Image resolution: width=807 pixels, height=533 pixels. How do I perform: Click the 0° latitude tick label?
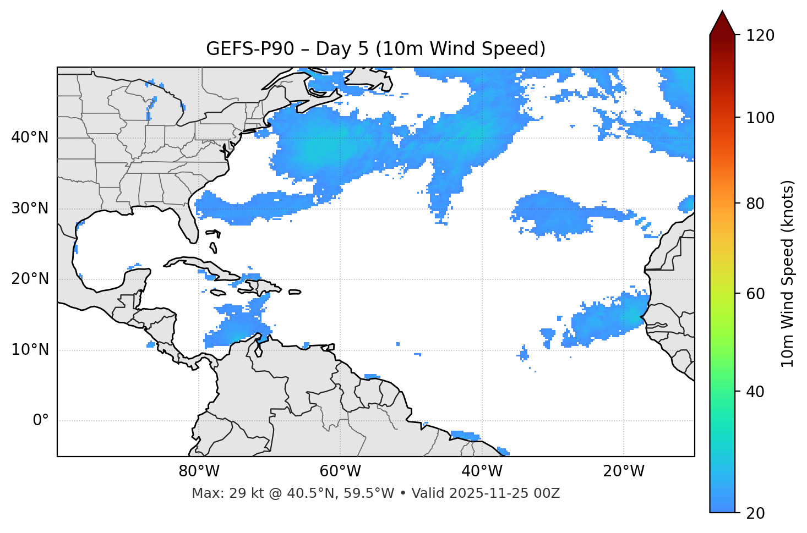pos(41,421)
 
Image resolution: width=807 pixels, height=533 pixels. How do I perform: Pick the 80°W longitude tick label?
pos(199,471)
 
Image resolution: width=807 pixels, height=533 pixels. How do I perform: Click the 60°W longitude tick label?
pos(340,471)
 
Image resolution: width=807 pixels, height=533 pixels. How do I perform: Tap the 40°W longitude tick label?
pos(482,471)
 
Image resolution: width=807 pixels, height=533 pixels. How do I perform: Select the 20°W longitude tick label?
pos(624,471)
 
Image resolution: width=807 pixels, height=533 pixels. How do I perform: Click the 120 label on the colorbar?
pos(760,36)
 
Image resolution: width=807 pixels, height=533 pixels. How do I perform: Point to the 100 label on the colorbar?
pos(760,118)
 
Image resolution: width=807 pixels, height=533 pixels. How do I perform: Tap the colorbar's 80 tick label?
pos(756,204)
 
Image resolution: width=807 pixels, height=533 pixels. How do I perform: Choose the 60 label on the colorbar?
pos(756,294)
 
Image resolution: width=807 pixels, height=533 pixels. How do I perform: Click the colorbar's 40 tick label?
pos(756,392)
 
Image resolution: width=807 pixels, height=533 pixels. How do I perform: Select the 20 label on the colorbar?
pos(756,513)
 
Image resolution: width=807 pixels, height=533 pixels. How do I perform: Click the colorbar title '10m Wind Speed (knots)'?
pos(788,274)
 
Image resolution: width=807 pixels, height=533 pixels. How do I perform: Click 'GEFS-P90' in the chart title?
pos(241,49)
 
